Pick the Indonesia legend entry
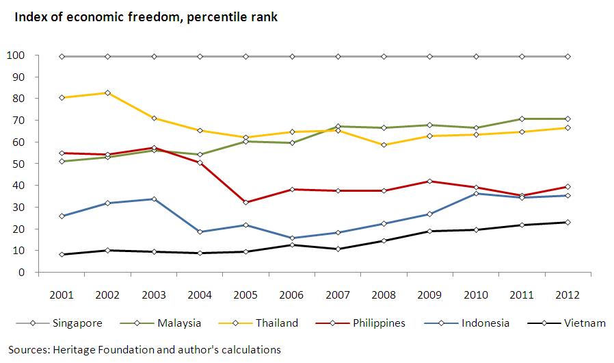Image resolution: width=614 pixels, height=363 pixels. pos(485,323)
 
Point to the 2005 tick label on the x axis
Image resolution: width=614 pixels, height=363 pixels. pos(246,295)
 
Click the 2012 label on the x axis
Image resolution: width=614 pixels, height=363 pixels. pos(568,295)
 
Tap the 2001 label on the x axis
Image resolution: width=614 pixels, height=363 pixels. pos(62,295)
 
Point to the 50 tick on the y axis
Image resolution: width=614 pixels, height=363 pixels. pos(18,164)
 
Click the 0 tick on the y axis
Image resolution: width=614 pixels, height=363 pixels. pos(22,273)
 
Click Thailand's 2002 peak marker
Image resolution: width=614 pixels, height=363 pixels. pos(108,92)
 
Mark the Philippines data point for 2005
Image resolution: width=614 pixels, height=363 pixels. pos(246,202)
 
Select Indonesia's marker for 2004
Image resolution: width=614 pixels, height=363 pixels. pos(200,231)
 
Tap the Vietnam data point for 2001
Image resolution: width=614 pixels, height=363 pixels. pos(62,254)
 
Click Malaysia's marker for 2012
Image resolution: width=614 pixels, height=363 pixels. pos(568,119)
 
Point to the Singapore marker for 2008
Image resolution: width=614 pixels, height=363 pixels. pos(384,56)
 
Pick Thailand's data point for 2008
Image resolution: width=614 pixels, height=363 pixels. pos(384,145)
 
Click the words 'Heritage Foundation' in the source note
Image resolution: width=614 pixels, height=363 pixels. pos(101,350)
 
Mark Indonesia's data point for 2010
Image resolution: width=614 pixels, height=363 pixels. pos(476,194)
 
